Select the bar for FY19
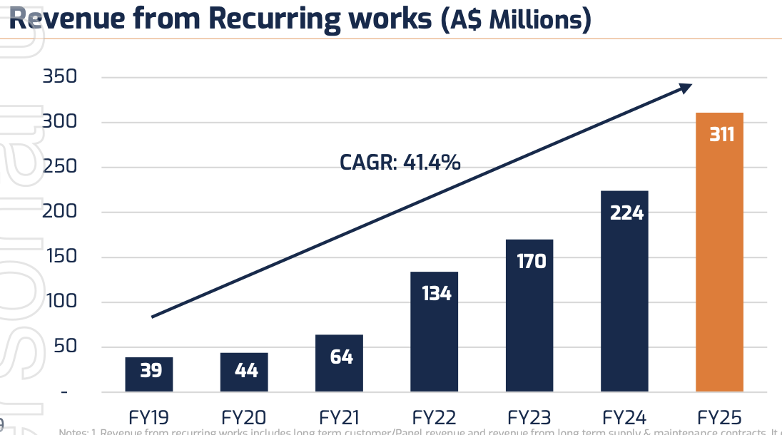tap(148, 374)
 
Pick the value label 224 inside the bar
tap(626, 213)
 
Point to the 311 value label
tap(721, 134)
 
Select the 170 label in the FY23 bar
tap(530, 261)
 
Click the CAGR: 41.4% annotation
tap(400, 163)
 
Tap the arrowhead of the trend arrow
tap(685, 88)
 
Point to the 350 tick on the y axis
tap(61, 77)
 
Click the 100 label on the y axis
tap(61, 302)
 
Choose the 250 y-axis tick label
tap(61, 167)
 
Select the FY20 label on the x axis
tap(245, 417)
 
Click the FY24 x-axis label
tap(624, 417)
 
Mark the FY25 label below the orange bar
tap(719, 417)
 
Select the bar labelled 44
tap(244, 372)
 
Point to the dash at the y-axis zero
tap(64, 392)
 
